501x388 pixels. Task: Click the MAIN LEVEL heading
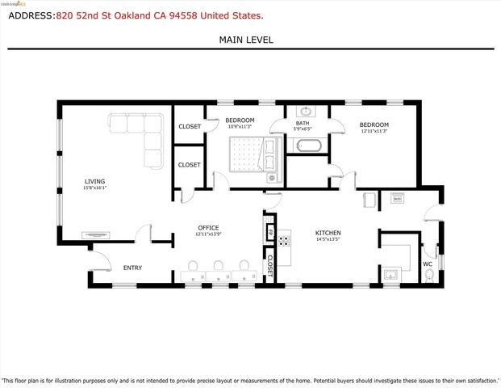246,39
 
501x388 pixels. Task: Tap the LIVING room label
94,182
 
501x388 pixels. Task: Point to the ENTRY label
132,268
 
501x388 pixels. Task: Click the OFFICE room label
208,227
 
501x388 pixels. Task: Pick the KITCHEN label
328,233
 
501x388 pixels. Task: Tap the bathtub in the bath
310,146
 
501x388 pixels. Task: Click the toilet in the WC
429,276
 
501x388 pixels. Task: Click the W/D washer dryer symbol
397,197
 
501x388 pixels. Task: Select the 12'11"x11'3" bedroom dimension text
374,131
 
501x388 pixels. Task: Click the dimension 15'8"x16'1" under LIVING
94,188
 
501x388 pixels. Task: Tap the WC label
428,264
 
